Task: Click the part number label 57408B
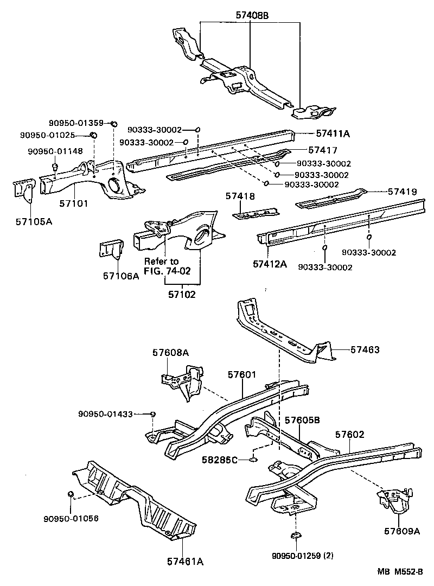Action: tap(251, 16)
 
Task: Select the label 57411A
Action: tap(333, 133)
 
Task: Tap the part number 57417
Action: tap(323, 150)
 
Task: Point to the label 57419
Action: tap(402, 192)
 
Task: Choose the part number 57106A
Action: tap(121, 276)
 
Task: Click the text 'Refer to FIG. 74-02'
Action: tap(167, 266)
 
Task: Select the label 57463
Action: tap(365, 350)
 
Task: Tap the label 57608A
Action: tap(170, 353)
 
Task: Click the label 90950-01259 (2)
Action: tap(303, 556)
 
